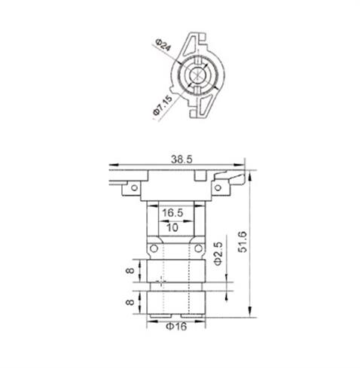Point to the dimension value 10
(172, 227)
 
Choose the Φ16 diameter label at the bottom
(175, 327)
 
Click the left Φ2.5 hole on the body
(154, 248)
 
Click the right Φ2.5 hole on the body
(197, 248)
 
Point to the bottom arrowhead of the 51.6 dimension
(249, 314)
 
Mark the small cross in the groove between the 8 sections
(160, 285)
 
